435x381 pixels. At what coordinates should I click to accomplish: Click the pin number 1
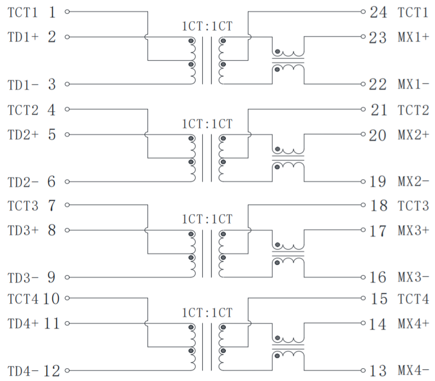[52, 12]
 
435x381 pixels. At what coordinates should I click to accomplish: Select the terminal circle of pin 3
[67, 84]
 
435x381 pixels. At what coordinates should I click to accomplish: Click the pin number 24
[378, 12]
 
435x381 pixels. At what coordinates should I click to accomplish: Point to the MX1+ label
[413, 37]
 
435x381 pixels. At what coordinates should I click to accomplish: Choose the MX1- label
[413, 84]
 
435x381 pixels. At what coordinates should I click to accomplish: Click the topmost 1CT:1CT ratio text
[207, 26]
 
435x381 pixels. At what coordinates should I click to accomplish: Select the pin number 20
[378, 135]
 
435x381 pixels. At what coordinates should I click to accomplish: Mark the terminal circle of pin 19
[363, 182]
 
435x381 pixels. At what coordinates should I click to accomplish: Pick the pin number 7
[52, 206]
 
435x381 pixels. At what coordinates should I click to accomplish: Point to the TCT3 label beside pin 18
[413, 206]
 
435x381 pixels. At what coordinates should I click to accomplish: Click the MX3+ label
[413, 230]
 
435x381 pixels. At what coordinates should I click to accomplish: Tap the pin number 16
[378, 278]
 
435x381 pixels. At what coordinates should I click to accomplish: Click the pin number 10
[52, 298]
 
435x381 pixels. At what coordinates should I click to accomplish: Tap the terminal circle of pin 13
[363, 370]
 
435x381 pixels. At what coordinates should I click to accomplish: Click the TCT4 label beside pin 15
[413, 298]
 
